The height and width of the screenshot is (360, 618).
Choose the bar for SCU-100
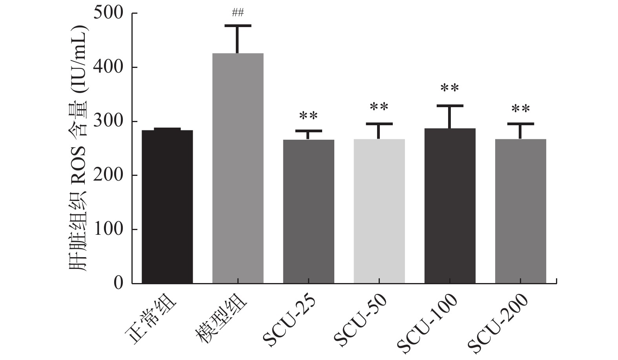[450, 206]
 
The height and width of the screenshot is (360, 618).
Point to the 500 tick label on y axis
[108, 13]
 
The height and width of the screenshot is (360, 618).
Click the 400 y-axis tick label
[108, 68]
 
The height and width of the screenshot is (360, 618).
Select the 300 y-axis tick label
[108, 122]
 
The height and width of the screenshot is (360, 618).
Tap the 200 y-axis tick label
[108, 175]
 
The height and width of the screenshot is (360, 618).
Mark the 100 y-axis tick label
[108, 230]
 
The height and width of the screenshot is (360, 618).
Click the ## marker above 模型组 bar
[238, 13]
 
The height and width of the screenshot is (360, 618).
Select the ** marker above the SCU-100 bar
[450, 88]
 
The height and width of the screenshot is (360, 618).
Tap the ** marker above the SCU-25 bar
[308, 116]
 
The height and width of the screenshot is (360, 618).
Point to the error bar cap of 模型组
[238, 26]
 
